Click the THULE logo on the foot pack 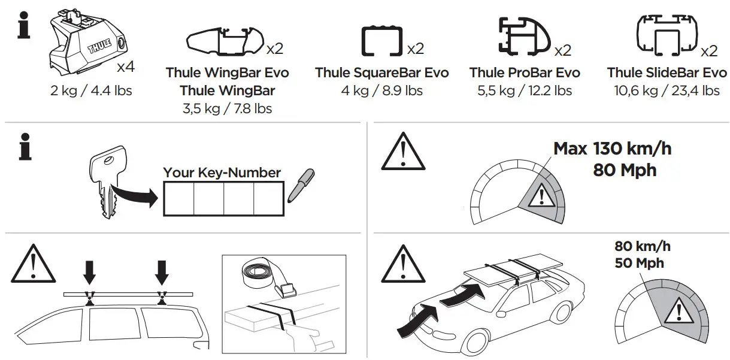[x=96, y=47]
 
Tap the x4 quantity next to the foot [x=125, y=66]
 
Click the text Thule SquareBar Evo [x=381, y=73]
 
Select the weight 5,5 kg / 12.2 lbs [x=525, y=91]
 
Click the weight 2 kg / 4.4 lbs [x=91, y=91]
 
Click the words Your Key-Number [x=222, y=173]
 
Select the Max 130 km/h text [x=612, y=149]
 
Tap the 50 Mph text [x=639, y=263]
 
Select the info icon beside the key [x=25, y=147]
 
